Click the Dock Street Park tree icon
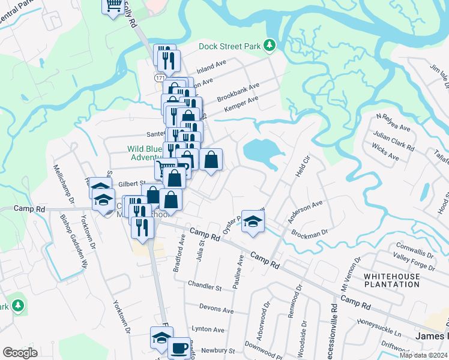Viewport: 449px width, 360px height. coord(270,45)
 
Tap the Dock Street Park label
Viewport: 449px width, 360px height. coord(232,46)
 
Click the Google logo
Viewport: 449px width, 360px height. coord(20,353)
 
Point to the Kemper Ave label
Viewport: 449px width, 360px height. coord(241,104)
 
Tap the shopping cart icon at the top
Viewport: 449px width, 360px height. coord(113,6)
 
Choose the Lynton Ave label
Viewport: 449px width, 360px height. coord(208,329)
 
